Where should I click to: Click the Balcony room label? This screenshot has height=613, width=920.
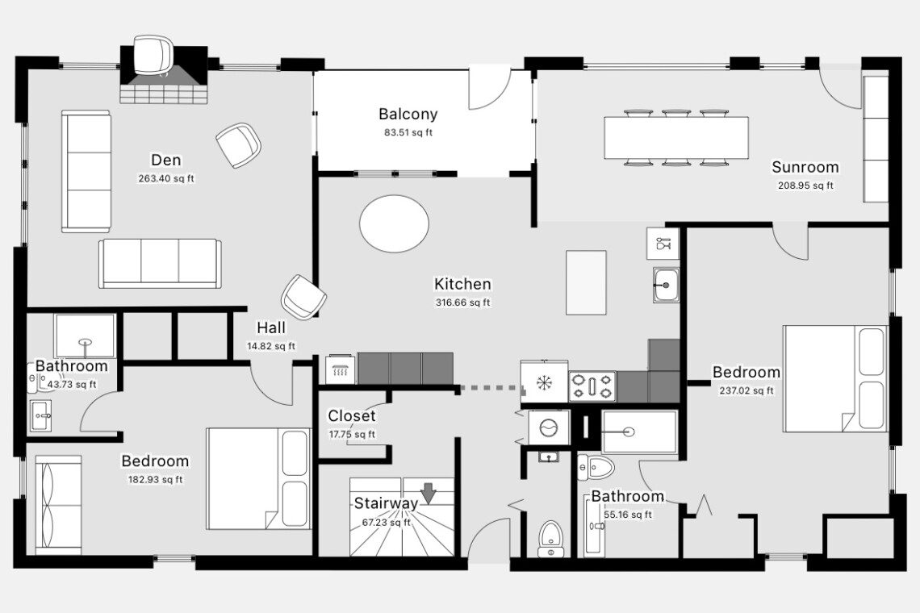coord(408,114)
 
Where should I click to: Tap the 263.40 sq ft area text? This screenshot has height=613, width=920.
coord(166,178)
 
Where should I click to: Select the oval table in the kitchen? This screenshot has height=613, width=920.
coord(395,223)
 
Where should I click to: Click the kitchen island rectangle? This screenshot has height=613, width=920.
coord(586,283)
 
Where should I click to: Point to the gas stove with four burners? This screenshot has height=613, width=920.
coord(592,386)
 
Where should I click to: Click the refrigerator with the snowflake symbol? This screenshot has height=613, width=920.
coord(545,382)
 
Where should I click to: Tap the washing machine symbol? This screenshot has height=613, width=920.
coord(549,428)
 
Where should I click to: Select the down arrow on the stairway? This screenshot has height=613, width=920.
coord(429,493)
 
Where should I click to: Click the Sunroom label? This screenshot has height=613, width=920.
coord(805,167)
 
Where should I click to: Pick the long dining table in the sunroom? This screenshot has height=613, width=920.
coord(676,138)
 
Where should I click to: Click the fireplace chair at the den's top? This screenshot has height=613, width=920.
coord(153,55)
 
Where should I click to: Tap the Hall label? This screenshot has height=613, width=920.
coord(271,327)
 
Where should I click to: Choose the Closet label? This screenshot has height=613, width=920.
coord(351,415)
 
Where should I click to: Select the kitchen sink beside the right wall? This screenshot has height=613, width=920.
coord(666,285)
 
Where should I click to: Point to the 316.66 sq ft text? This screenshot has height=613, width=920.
coord(463,302)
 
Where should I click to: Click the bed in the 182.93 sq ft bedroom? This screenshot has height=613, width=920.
coord(258,478)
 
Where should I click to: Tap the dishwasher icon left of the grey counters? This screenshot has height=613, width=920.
coord(341,369)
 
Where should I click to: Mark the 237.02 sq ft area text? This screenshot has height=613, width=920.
coord(746,390)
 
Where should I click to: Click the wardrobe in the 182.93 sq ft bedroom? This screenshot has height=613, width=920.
coord(58,505)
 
